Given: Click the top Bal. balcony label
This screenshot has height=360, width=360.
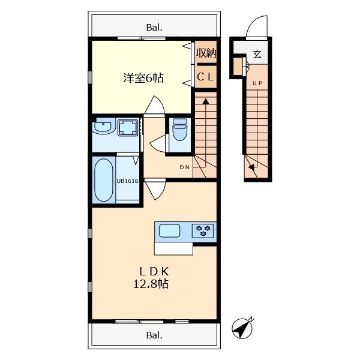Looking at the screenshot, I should (x=154, y=27).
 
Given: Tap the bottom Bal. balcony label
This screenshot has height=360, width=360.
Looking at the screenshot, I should (x=154, y=335).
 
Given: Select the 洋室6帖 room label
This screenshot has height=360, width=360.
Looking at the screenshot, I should (x=144, y=78).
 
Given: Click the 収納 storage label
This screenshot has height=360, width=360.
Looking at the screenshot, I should (x=206, y=53).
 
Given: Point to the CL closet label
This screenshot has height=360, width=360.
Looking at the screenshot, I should (x=206, y=76).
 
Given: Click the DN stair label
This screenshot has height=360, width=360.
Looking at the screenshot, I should (x=185, y=167).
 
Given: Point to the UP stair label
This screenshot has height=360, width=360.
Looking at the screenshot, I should (x=257, y=83).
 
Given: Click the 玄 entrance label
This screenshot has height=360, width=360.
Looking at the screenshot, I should (x=257, y=55).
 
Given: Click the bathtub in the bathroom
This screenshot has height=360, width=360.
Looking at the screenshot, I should (x=103, y=180).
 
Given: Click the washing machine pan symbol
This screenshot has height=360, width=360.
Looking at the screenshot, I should (x=128, y=128).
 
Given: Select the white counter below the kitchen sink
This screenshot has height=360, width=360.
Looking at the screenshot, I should (x=173, y=248).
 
